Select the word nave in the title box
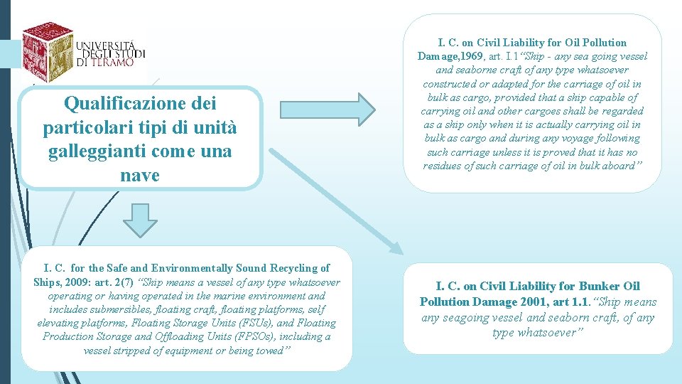click(x=140, y=175)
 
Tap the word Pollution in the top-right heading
click(x=602, y=43)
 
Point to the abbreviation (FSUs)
click(x=229, y=323)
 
